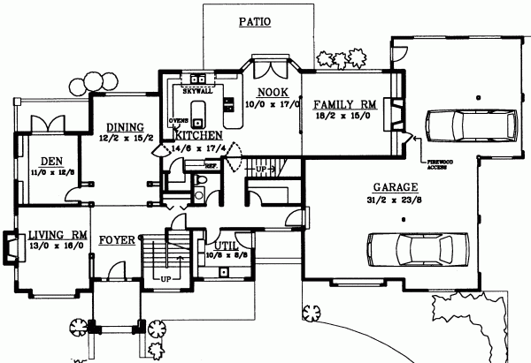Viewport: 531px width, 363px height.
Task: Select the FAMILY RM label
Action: click(x=344, y=104)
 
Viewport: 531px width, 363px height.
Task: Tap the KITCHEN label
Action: click(x=197, y=136)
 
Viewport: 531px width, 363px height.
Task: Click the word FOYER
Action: click(x=116, y=239)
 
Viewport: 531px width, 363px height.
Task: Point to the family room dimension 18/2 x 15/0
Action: click(x=343, y=115)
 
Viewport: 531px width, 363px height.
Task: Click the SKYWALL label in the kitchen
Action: click(x=196, y=89)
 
